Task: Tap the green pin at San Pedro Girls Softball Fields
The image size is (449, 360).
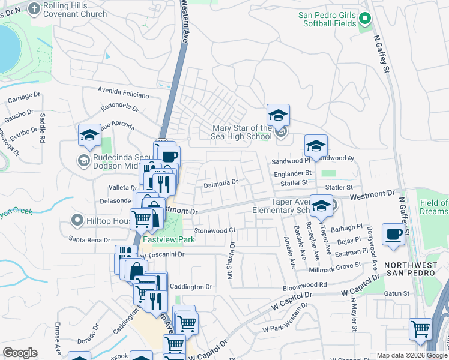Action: coord(365,21)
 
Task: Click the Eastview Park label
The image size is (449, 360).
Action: coord(169,239)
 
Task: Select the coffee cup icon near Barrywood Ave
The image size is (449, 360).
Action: coord(393,234)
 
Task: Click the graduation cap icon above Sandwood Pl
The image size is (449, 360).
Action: coord(316,146)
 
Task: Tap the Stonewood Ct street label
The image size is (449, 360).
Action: coord(214,230)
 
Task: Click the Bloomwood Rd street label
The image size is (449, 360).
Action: coord(306,286)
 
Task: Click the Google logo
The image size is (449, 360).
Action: coord(20,353)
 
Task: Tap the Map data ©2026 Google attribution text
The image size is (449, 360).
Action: coord(411,355)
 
